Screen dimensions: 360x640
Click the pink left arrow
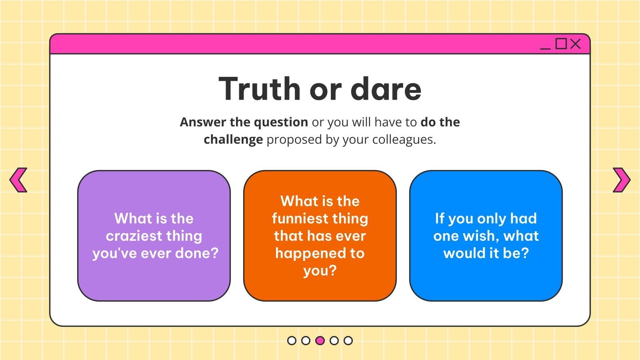[18, 180]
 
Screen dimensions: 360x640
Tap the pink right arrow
[621, 180]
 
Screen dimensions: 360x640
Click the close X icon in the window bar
[575, 44]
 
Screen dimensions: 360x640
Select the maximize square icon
[561, 44]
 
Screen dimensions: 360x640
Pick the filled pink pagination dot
[320, 340]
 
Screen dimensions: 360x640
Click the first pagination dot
[292, 340]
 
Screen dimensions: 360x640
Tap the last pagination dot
[348, 340]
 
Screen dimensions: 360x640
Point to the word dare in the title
[386, 89]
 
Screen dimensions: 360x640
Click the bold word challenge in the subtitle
[233, 140]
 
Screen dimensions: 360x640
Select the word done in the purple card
[200, 253]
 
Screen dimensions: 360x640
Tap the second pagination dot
[306, 340]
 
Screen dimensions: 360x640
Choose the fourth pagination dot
[334, 340]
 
